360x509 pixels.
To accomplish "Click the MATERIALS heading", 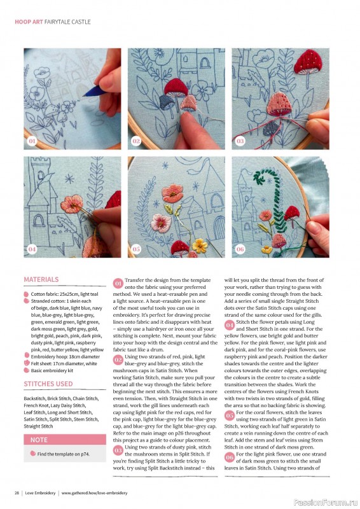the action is pos(41,279).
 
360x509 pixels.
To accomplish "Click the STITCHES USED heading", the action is pos(48,384).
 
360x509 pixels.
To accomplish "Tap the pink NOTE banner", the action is pos(65,440).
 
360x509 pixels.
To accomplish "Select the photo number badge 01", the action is pos(32,141).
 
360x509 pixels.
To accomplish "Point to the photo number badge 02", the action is pos(136,141).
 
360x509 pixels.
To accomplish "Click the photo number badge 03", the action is pos(240,141).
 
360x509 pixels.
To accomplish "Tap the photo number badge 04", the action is pos(32,249).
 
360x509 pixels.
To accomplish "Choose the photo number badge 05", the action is pos(136,249).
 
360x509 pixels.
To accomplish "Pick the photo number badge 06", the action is pos(240,249).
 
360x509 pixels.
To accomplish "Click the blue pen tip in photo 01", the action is pos(85,95).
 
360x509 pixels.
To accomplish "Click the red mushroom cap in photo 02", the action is pos(176,87).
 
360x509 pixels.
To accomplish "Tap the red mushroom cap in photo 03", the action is pos(308,62).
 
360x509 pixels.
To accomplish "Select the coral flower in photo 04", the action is pos(72,204).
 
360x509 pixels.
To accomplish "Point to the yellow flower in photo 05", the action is pos(200,246).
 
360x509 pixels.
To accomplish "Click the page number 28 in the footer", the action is pos(17,492).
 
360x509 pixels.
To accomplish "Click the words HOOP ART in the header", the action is pos(29,22).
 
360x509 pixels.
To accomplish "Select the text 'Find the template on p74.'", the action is pos(64,454).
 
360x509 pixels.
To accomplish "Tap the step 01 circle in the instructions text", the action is pos(118,283).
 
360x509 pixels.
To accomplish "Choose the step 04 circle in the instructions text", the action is pos(230,325).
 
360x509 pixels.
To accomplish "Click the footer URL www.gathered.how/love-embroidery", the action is pos(94,492).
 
